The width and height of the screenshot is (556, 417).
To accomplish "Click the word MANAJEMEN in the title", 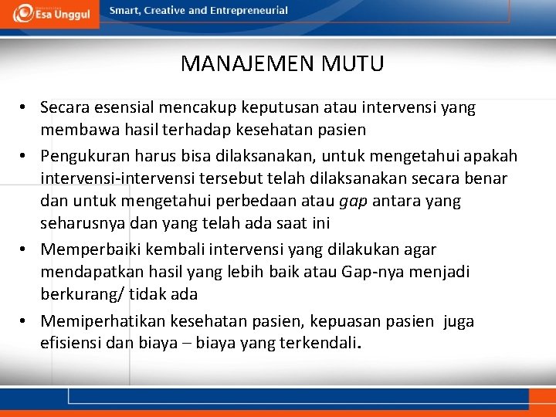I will tap(236, 63).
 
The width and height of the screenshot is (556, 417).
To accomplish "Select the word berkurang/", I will tap(80, 294).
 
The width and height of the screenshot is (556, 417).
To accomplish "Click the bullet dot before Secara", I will tap(25, 108).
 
